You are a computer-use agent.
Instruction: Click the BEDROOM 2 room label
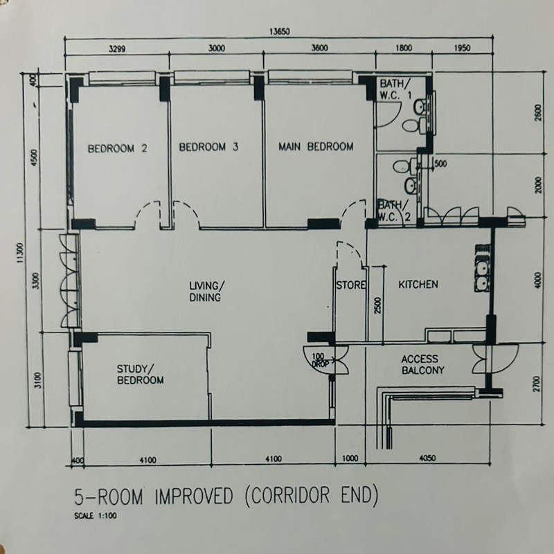point(117,148)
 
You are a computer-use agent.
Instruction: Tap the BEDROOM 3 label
point(208,147)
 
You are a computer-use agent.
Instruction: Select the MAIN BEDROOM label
point(316,146)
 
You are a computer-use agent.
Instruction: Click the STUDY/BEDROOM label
point(141,375)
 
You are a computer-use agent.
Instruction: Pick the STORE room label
point(350,285)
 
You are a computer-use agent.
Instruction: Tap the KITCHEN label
point(418,285)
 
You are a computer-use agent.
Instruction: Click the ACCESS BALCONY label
point(423,365)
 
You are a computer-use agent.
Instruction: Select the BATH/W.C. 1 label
point(395,89)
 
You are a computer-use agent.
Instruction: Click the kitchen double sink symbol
point(482,275)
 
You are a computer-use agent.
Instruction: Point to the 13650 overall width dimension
point(280,32)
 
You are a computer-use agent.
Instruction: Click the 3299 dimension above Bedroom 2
point(117,48)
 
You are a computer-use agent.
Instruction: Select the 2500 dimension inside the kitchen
point(377,305)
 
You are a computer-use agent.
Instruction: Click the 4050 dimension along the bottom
point(427,458)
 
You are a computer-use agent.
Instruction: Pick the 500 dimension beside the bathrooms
point(440,163)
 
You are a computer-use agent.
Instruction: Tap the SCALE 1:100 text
point(96,515)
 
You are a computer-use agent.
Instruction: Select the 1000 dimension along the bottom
point(350,458)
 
